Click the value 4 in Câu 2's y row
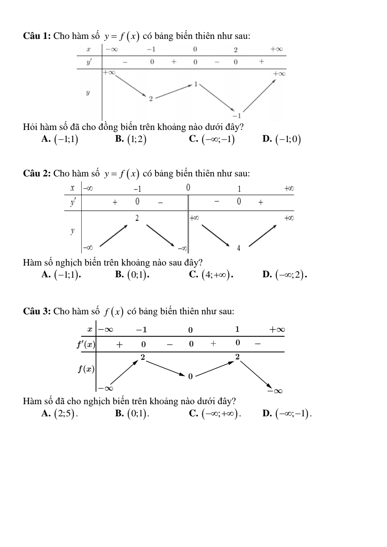point(238,248)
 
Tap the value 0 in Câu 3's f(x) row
point(190,376)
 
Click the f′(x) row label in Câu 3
point(86,344)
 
